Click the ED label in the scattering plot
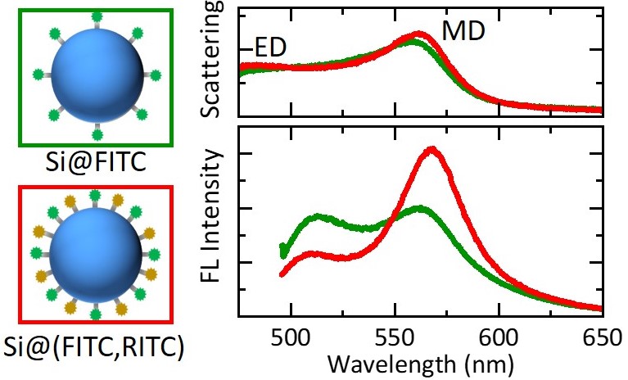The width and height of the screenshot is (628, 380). [271, 47]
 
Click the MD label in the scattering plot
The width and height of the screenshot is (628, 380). [463, 31]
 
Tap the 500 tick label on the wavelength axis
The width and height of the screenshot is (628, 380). [291, 338]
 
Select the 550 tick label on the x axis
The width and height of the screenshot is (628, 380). [395, 338]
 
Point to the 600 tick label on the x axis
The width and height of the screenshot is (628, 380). [499, 338]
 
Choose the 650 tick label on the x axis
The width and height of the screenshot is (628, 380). [602, 338]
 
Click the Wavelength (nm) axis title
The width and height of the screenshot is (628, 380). [421, 364]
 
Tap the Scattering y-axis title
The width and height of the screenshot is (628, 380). [210, 59]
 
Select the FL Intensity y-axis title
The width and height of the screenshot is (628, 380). [210, 216]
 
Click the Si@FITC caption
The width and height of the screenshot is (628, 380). [96, 162]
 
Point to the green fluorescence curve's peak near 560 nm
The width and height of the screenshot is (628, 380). [419, 208]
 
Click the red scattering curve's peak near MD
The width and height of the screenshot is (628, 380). [418, 34]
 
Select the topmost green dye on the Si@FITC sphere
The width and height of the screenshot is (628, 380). [97, 17]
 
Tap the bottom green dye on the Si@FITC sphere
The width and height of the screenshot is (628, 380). [97, 134]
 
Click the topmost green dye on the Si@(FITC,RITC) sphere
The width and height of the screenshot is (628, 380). [95, 196]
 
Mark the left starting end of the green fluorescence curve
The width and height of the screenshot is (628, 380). [282, 251]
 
